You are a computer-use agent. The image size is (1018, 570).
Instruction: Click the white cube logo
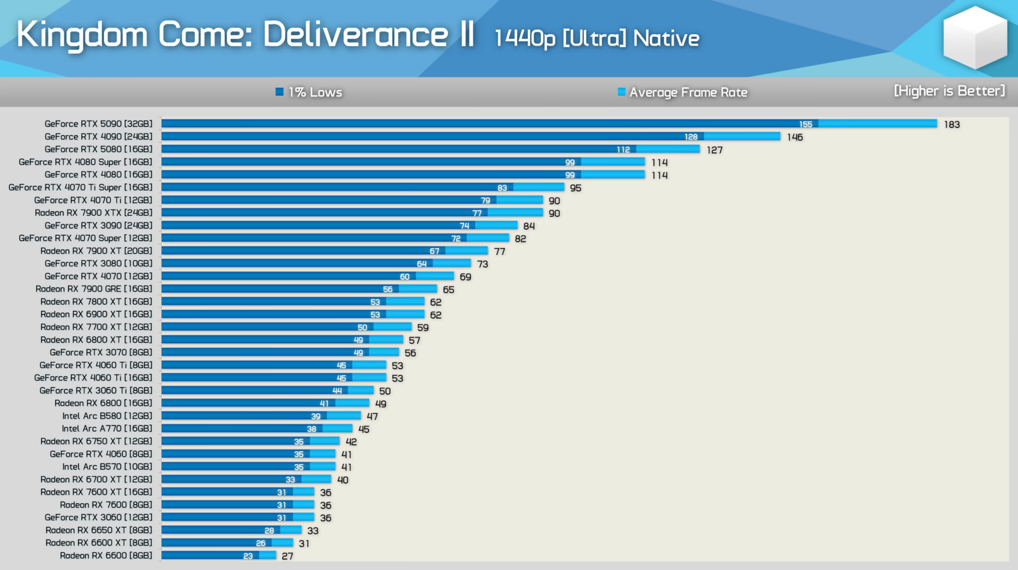coord(975,37)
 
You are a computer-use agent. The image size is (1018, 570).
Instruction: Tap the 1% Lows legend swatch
coord(279,92)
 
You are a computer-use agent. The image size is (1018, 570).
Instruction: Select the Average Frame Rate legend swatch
coord(621,92)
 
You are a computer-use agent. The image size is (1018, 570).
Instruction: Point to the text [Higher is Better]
coord(949,91)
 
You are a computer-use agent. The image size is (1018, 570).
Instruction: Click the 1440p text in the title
coord(525,39)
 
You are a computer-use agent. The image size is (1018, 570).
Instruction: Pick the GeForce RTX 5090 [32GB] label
coord(98,124)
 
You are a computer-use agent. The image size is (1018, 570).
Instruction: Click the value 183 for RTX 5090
coord(952,125)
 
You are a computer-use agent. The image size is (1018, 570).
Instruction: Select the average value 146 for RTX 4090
coord(794,137)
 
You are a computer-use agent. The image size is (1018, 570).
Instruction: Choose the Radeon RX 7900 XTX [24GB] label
coord(93,213)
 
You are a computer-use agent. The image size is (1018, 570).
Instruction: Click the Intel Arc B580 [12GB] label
coord(107,416)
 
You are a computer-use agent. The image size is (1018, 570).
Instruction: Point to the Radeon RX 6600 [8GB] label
coord(106,556)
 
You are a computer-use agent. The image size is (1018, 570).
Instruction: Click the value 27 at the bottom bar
coord(287,556)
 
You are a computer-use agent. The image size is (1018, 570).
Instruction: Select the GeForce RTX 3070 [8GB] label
coord(101,352)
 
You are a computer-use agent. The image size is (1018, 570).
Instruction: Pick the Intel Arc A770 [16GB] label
coord(107,429)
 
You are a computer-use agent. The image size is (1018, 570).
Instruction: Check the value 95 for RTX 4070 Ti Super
coord(575,188)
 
